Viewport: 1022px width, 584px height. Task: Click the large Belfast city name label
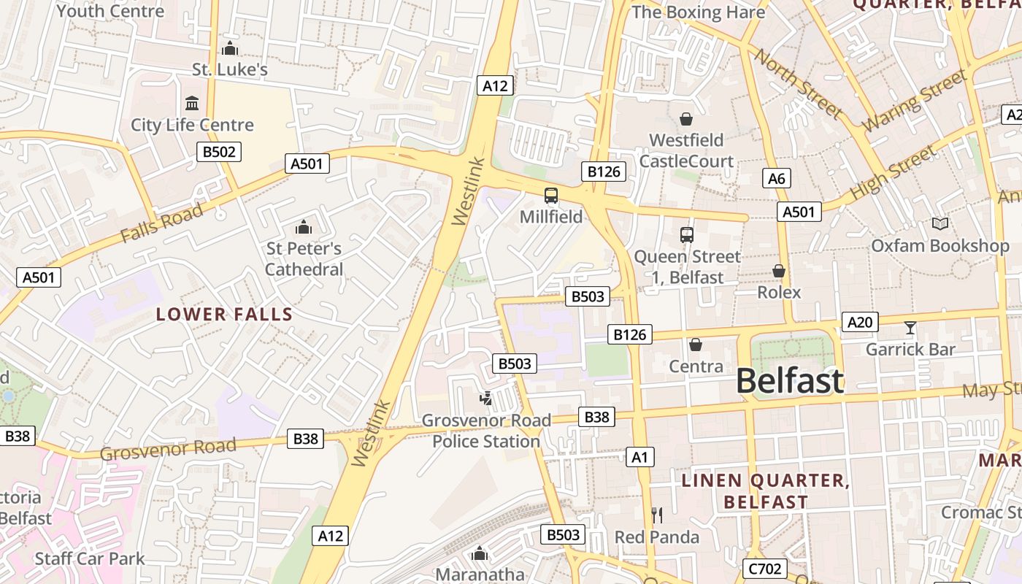click(789, 381)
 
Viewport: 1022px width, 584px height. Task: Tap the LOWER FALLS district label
click(224, 315)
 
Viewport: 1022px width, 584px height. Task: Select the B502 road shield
click(218, 152)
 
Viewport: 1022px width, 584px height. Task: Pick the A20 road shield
click(860, 322)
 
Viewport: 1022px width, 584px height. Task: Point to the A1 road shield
click(639, 458)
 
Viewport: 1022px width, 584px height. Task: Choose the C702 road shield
click(764, 569)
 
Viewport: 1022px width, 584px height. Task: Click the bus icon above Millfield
click(551, 196)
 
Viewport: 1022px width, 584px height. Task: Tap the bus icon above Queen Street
click(686, 235)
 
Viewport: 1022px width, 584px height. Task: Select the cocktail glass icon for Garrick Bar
click(910, 328)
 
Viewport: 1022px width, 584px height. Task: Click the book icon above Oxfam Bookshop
click(940, 224)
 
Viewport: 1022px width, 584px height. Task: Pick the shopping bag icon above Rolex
click(779, 271)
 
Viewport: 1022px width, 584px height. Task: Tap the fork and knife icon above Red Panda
click(657, 515)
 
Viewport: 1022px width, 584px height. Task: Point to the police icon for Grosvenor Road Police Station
click(485, 399)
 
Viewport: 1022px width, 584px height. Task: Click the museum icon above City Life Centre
click(192, 103)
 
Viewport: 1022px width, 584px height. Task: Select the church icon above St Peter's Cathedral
click(303, 227)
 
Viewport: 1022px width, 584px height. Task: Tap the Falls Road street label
click(161, 223)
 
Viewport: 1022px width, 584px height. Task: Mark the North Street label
click(798, 83)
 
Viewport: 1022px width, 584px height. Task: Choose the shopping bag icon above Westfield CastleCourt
click(685, 118)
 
